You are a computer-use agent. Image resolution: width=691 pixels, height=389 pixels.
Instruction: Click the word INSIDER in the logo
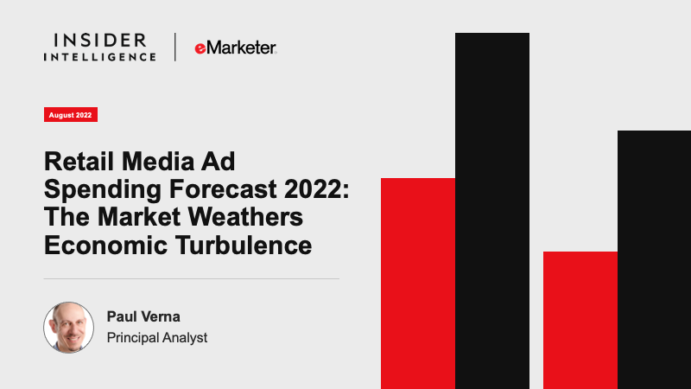click(x=99, y=41)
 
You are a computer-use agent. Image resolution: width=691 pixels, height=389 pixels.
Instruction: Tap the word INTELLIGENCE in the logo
click(x=99, y=57)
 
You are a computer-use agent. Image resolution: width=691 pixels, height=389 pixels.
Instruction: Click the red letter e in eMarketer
click(x=200, y=48)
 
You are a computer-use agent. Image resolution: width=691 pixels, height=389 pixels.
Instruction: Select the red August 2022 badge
click(x=71, y=115)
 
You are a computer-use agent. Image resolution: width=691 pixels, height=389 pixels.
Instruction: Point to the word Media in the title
click(x=158, y=162)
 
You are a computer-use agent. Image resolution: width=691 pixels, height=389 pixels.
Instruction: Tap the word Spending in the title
click(x=103, y=190)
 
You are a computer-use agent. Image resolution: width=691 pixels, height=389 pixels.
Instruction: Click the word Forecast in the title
click(x=223, y=189)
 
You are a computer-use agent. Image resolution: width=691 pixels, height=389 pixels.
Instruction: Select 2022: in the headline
click(x=316, y=189)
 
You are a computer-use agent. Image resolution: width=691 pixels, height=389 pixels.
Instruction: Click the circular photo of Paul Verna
click(x=69, y=328)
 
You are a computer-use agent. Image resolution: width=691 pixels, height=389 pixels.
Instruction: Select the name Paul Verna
click(x=143, y=316)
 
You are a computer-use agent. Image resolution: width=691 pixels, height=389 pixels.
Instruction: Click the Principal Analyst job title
click(x=157, y=338)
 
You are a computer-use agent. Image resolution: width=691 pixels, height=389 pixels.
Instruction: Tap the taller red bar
click(x=418, y=284)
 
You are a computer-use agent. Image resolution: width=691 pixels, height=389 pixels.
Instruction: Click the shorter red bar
click(x=580, y=320)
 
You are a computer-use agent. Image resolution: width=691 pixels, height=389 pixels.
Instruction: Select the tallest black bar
click(x=492, y=211)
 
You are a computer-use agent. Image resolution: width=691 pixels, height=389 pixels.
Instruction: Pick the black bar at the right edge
click(x=654, y=260)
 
